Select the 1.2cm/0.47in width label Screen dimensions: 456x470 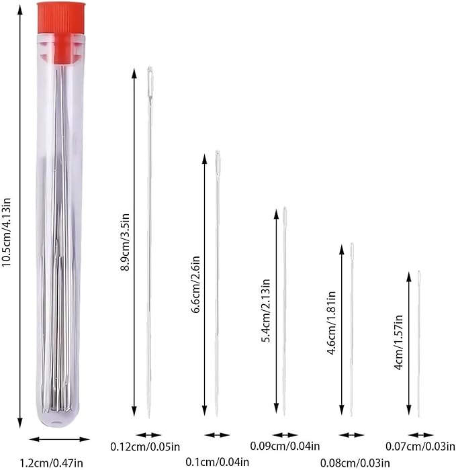click(51, 463)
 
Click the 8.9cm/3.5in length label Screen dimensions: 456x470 click(125, 242)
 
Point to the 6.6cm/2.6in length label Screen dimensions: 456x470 click(195, 285)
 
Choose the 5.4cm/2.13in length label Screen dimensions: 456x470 click(266, 310)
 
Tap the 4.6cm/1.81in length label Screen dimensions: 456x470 click(331, 322)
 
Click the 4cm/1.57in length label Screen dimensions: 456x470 click(398, 342)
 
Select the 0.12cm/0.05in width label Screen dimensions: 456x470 click(145, 447)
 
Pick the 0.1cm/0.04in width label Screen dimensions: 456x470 click(218, 462)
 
